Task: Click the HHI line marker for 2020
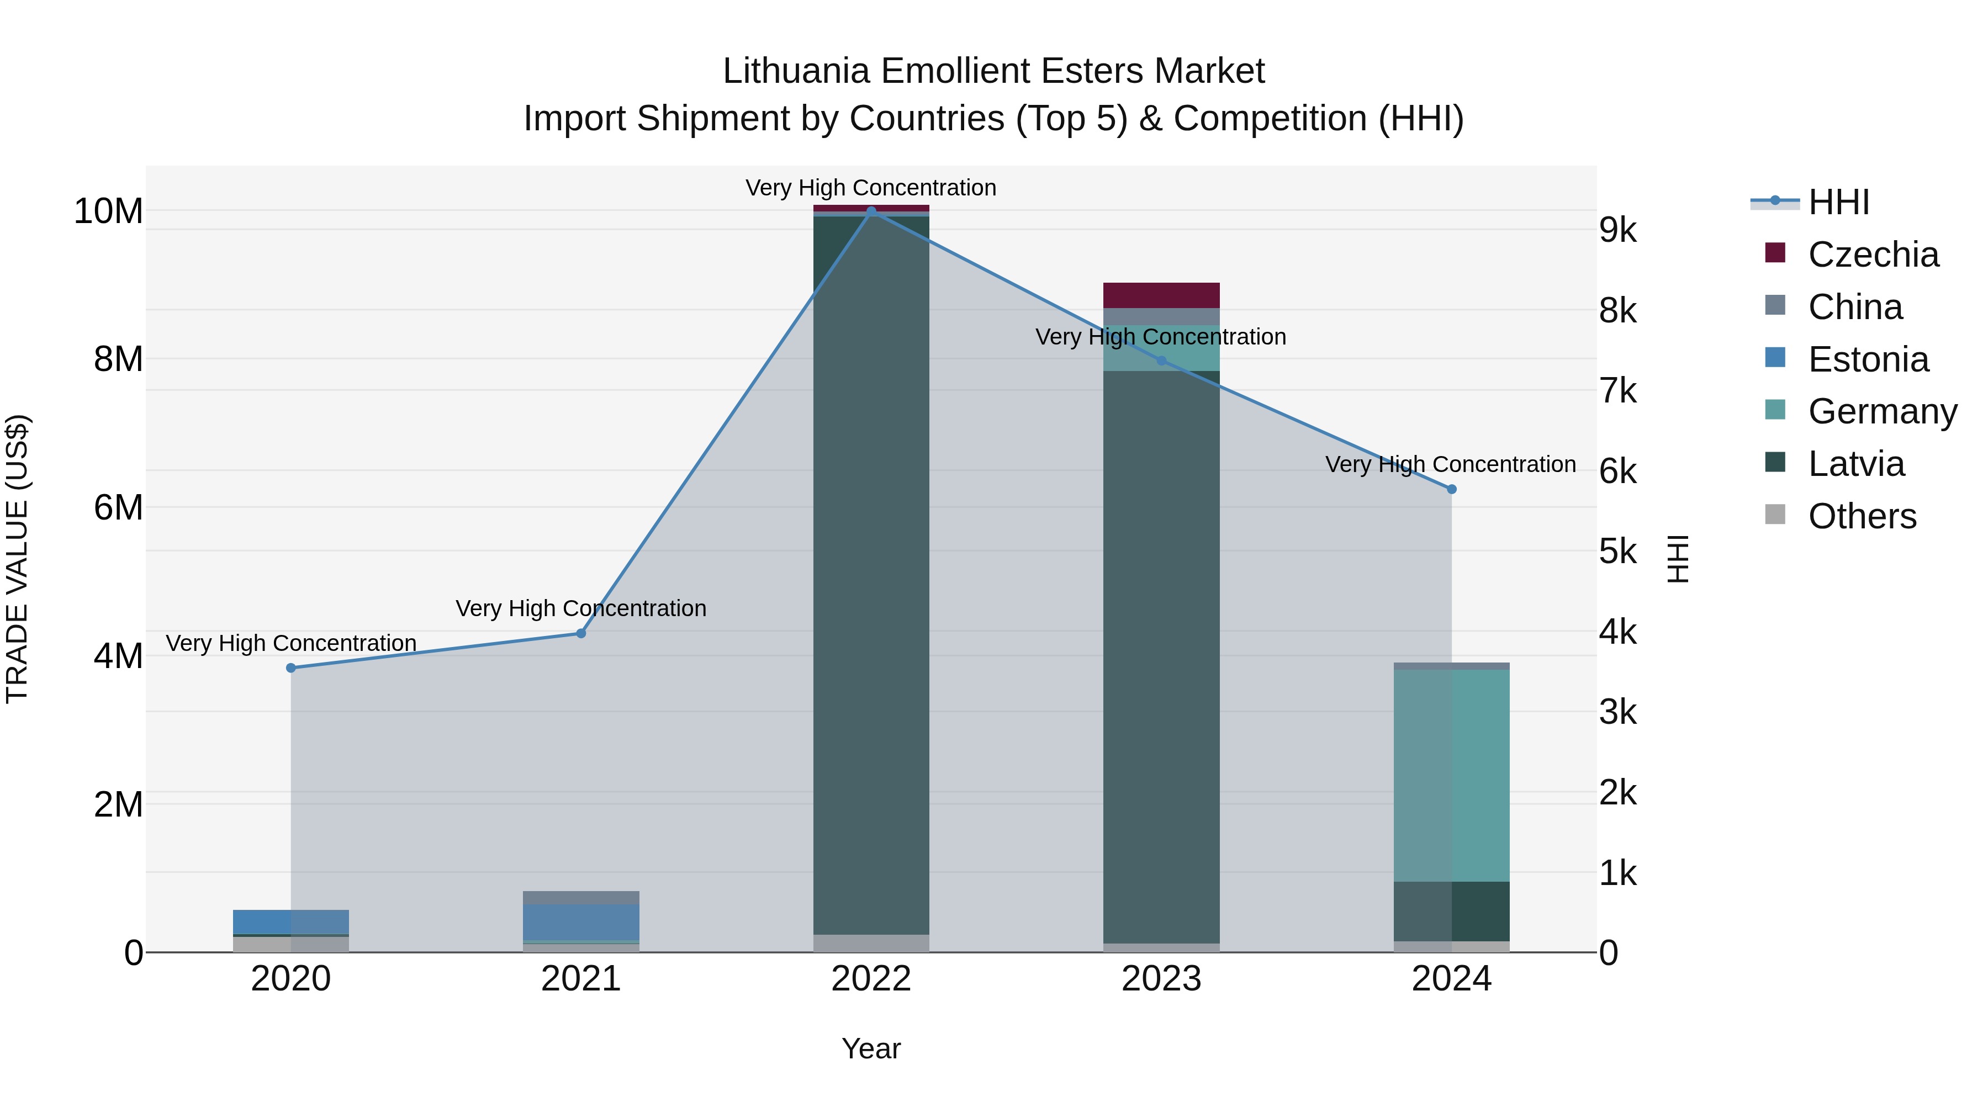pos(291,667)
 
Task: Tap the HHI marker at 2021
pos(581,633)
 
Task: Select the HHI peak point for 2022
pos(871,211)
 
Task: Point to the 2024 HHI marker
pos(1452,489)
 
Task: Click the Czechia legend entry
pos(1873,255)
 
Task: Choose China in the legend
pos(1855,307)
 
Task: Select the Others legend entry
pos(1862,516)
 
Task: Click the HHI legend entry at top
pos(1838,202)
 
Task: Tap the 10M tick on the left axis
pos(108,211)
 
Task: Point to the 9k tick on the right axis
pos(1617,230)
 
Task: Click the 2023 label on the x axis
pos(1161,979)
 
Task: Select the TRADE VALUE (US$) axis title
pos(17,559)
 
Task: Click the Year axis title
pos(871,1048)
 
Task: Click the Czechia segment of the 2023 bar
pos(1161,295)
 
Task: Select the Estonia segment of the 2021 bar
pos(581,922)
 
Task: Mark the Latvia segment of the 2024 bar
pos(1452,911)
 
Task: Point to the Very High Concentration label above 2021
pos(581,609)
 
